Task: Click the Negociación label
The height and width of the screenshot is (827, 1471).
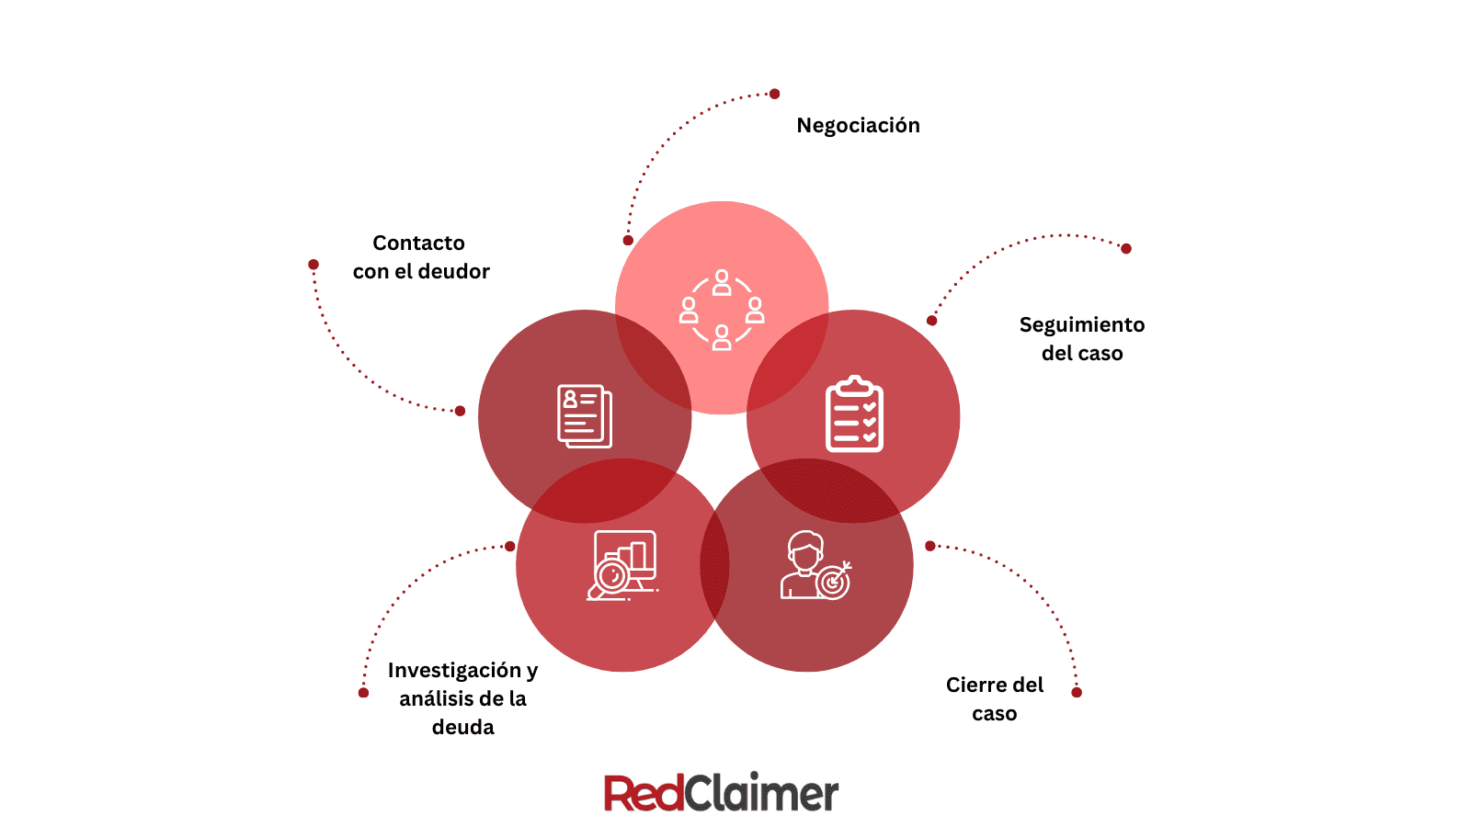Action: point(858,125)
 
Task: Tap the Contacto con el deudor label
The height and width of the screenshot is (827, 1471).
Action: point(421,257)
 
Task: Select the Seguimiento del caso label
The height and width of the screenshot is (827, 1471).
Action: point(1082,338)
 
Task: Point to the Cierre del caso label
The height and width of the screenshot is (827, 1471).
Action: point(994,698)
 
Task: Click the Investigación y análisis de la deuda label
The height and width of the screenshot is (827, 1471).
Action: point(462,698)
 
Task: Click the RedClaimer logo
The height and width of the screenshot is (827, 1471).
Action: point(721,793)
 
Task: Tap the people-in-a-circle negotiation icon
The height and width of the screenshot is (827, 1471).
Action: point(722,310)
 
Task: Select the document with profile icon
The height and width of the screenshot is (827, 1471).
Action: point(585,416)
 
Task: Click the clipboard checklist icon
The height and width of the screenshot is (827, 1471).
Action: point(854,414)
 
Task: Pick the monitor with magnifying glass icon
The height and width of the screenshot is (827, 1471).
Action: point(623,565)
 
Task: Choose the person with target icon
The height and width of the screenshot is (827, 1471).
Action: point(815,566)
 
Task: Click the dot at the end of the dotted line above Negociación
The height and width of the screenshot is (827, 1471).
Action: point(775,94)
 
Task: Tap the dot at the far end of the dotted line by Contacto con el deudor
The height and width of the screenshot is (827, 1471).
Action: point(314,265)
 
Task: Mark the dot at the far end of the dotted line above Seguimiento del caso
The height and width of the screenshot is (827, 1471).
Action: point(1126,248)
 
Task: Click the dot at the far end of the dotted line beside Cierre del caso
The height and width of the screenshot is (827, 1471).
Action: point(1077,692)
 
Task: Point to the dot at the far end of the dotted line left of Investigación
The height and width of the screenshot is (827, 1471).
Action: point(364,692)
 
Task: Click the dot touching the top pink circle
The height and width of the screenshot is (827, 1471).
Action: point(628,241)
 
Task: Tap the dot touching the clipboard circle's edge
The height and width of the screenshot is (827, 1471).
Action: point(931,321)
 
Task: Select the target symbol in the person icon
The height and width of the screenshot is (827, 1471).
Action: point(833,582)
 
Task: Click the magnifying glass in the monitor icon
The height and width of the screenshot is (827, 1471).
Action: point(610,577)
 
